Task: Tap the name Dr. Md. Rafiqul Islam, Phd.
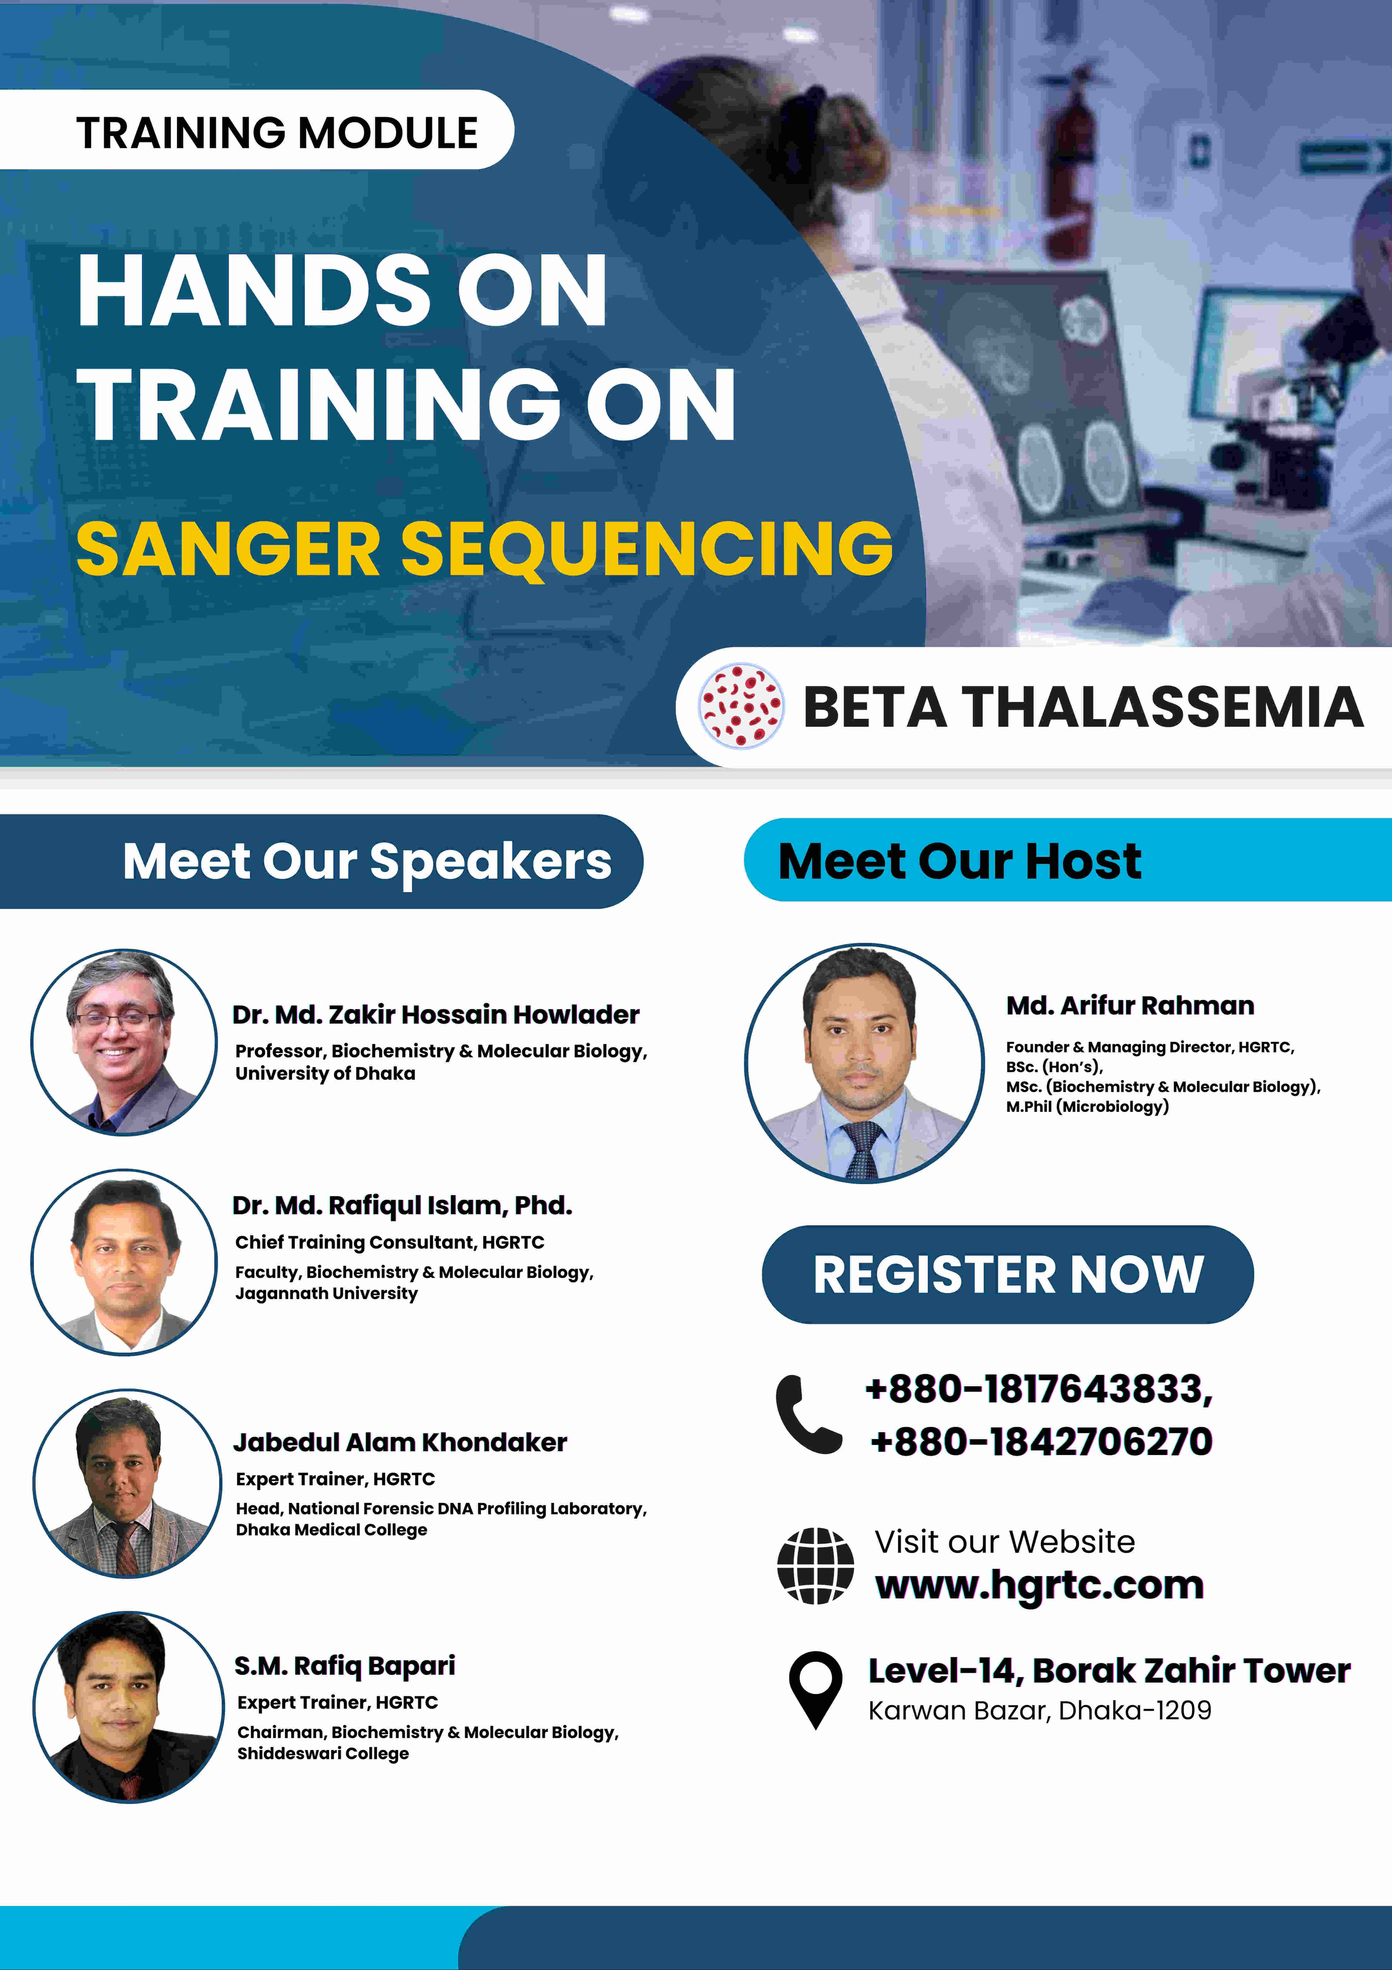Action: point(401,1206)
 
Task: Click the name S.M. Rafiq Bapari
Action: point(345,1666)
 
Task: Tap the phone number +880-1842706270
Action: point(1041,1441)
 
